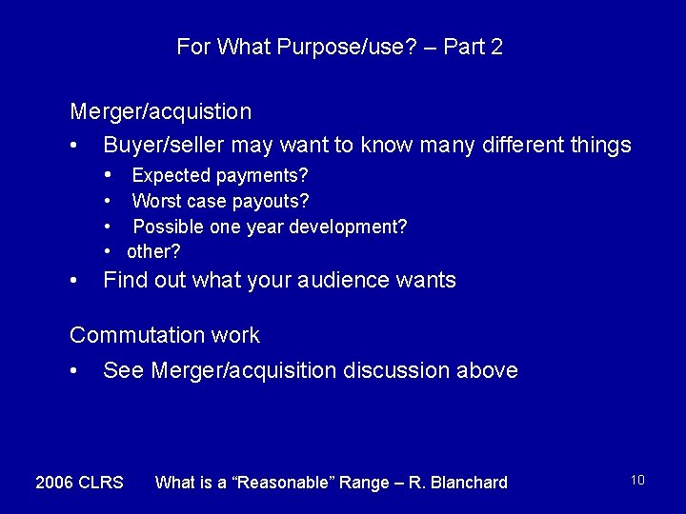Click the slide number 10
pyautogui.click(x=637, y=480)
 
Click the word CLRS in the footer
pyautogui.click(x=102, y=483)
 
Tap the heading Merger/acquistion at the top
pyautogui.click(x=161, y=111)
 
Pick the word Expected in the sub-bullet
pyautogui.click(x=171, y=175)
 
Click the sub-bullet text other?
pyautogui.click(x=153, y=251)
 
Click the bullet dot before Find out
pyautogui.click(x=74, y=281)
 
